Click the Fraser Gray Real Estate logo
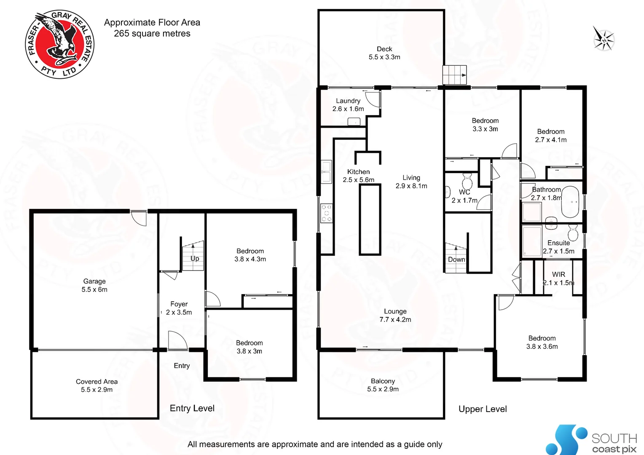pyautogui.click(x=60, y=44)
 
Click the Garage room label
pyautogui.click(x=94, y=281)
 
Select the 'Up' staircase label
pyautogui.click(x=195, y=258)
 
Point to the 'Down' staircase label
pyautogui.click(x=456, y=260)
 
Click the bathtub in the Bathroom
pyautogui.click(x=570, y=202)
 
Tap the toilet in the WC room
pyautogui.click(x=467, y=182)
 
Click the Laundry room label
pyautogui.click(x=348, y=101)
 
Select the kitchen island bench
pyautogui.click(x=370, y=219)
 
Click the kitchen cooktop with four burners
pyautogui.click(x=327, y=213)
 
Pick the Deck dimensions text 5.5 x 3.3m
pyautogui.click(x=384, y=57)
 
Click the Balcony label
pyautogui.click(x=383, y=381)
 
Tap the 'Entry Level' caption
pyautogui.click(x=192, y=408)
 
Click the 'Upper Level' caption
pyautogui.click(x=483, y=409)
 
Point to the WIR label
pyautogui.click(x=558, y=274)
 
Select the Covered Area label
pyautogui.click(x=97, y=381)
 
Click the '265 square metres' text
pyautogui.click(x=152, y=34)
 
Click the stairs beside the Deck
pyautogui.click(x=454, y=75)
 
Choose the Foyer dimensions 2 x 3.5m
pyautogui.click(x=179, y=313)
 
